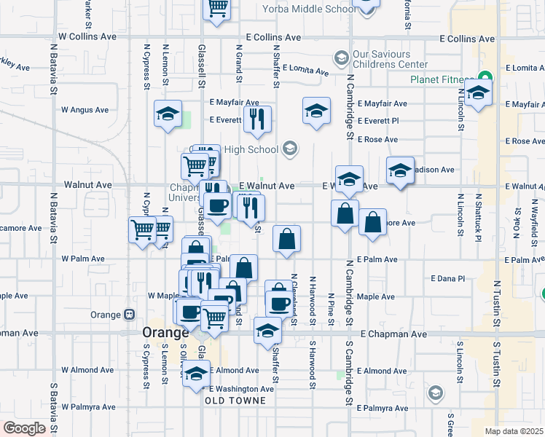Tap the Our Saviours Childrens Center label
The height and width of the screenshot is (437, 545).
[x=380, y=59]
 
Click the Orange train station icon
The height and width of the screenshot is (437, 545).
[x=129, y=315]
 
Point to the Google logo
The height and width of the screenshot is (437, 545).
[x=24, y=428]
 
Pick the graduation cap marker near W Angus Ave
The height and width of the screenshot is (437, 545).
[x=168, y=114]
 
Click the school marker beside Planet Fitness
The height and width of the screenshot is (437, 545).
[x=478, y=94]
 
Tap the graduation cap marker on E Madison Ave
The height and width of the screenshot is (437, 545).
[x=400, y=171]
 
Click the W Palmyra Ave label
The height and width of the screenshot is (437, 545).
[x=88, y=406]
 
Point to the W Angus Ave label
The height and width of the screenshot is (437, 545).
[x=85, y=110]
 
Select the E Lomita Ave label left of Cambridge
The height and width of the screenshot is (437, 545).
[x=305, y=68]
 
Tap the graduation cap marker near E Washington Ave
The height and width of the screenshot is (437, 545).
[x=195, y=375]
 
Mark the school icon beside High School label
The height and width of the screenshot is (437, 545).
[x=290, y=149]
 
